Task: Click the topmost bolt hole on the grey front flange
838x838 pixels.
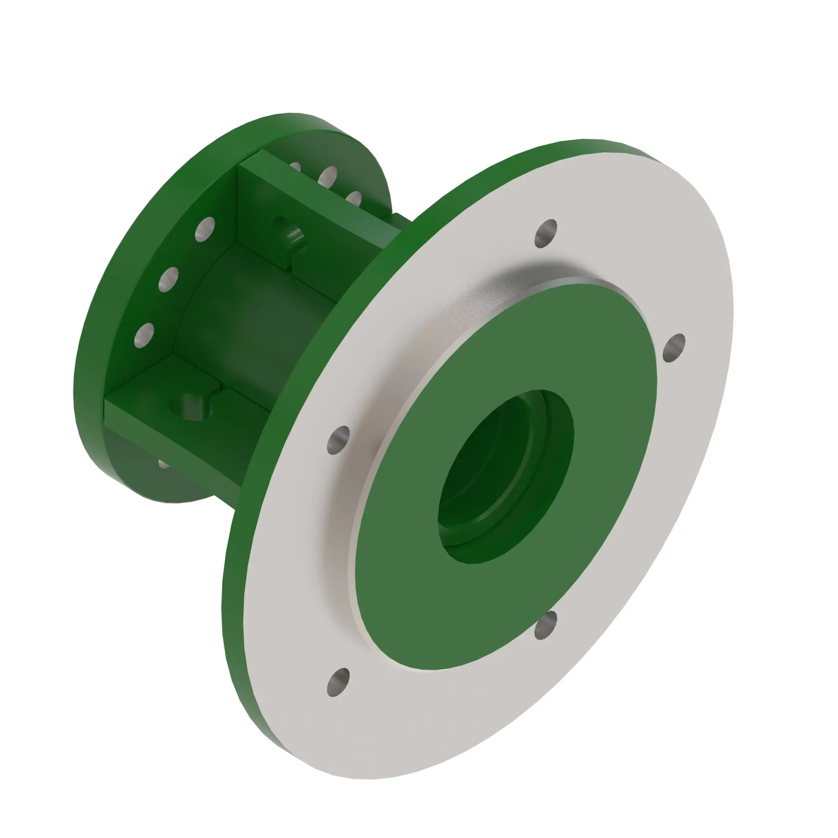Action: point(546,233)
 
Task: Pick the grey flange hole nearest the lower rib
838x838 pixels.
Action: point(338,440)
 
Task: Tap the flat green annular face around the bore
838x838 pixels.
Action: point(434,564)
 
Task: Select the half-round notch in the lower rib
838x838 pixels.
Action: point(193,406)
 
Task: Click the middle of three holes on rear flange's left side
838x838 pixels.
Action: point(169,280)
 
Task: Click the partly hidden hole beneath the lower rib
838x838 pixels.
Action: point(163,465)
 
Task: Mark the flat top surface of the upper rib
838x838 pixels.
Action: point(321,199)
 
